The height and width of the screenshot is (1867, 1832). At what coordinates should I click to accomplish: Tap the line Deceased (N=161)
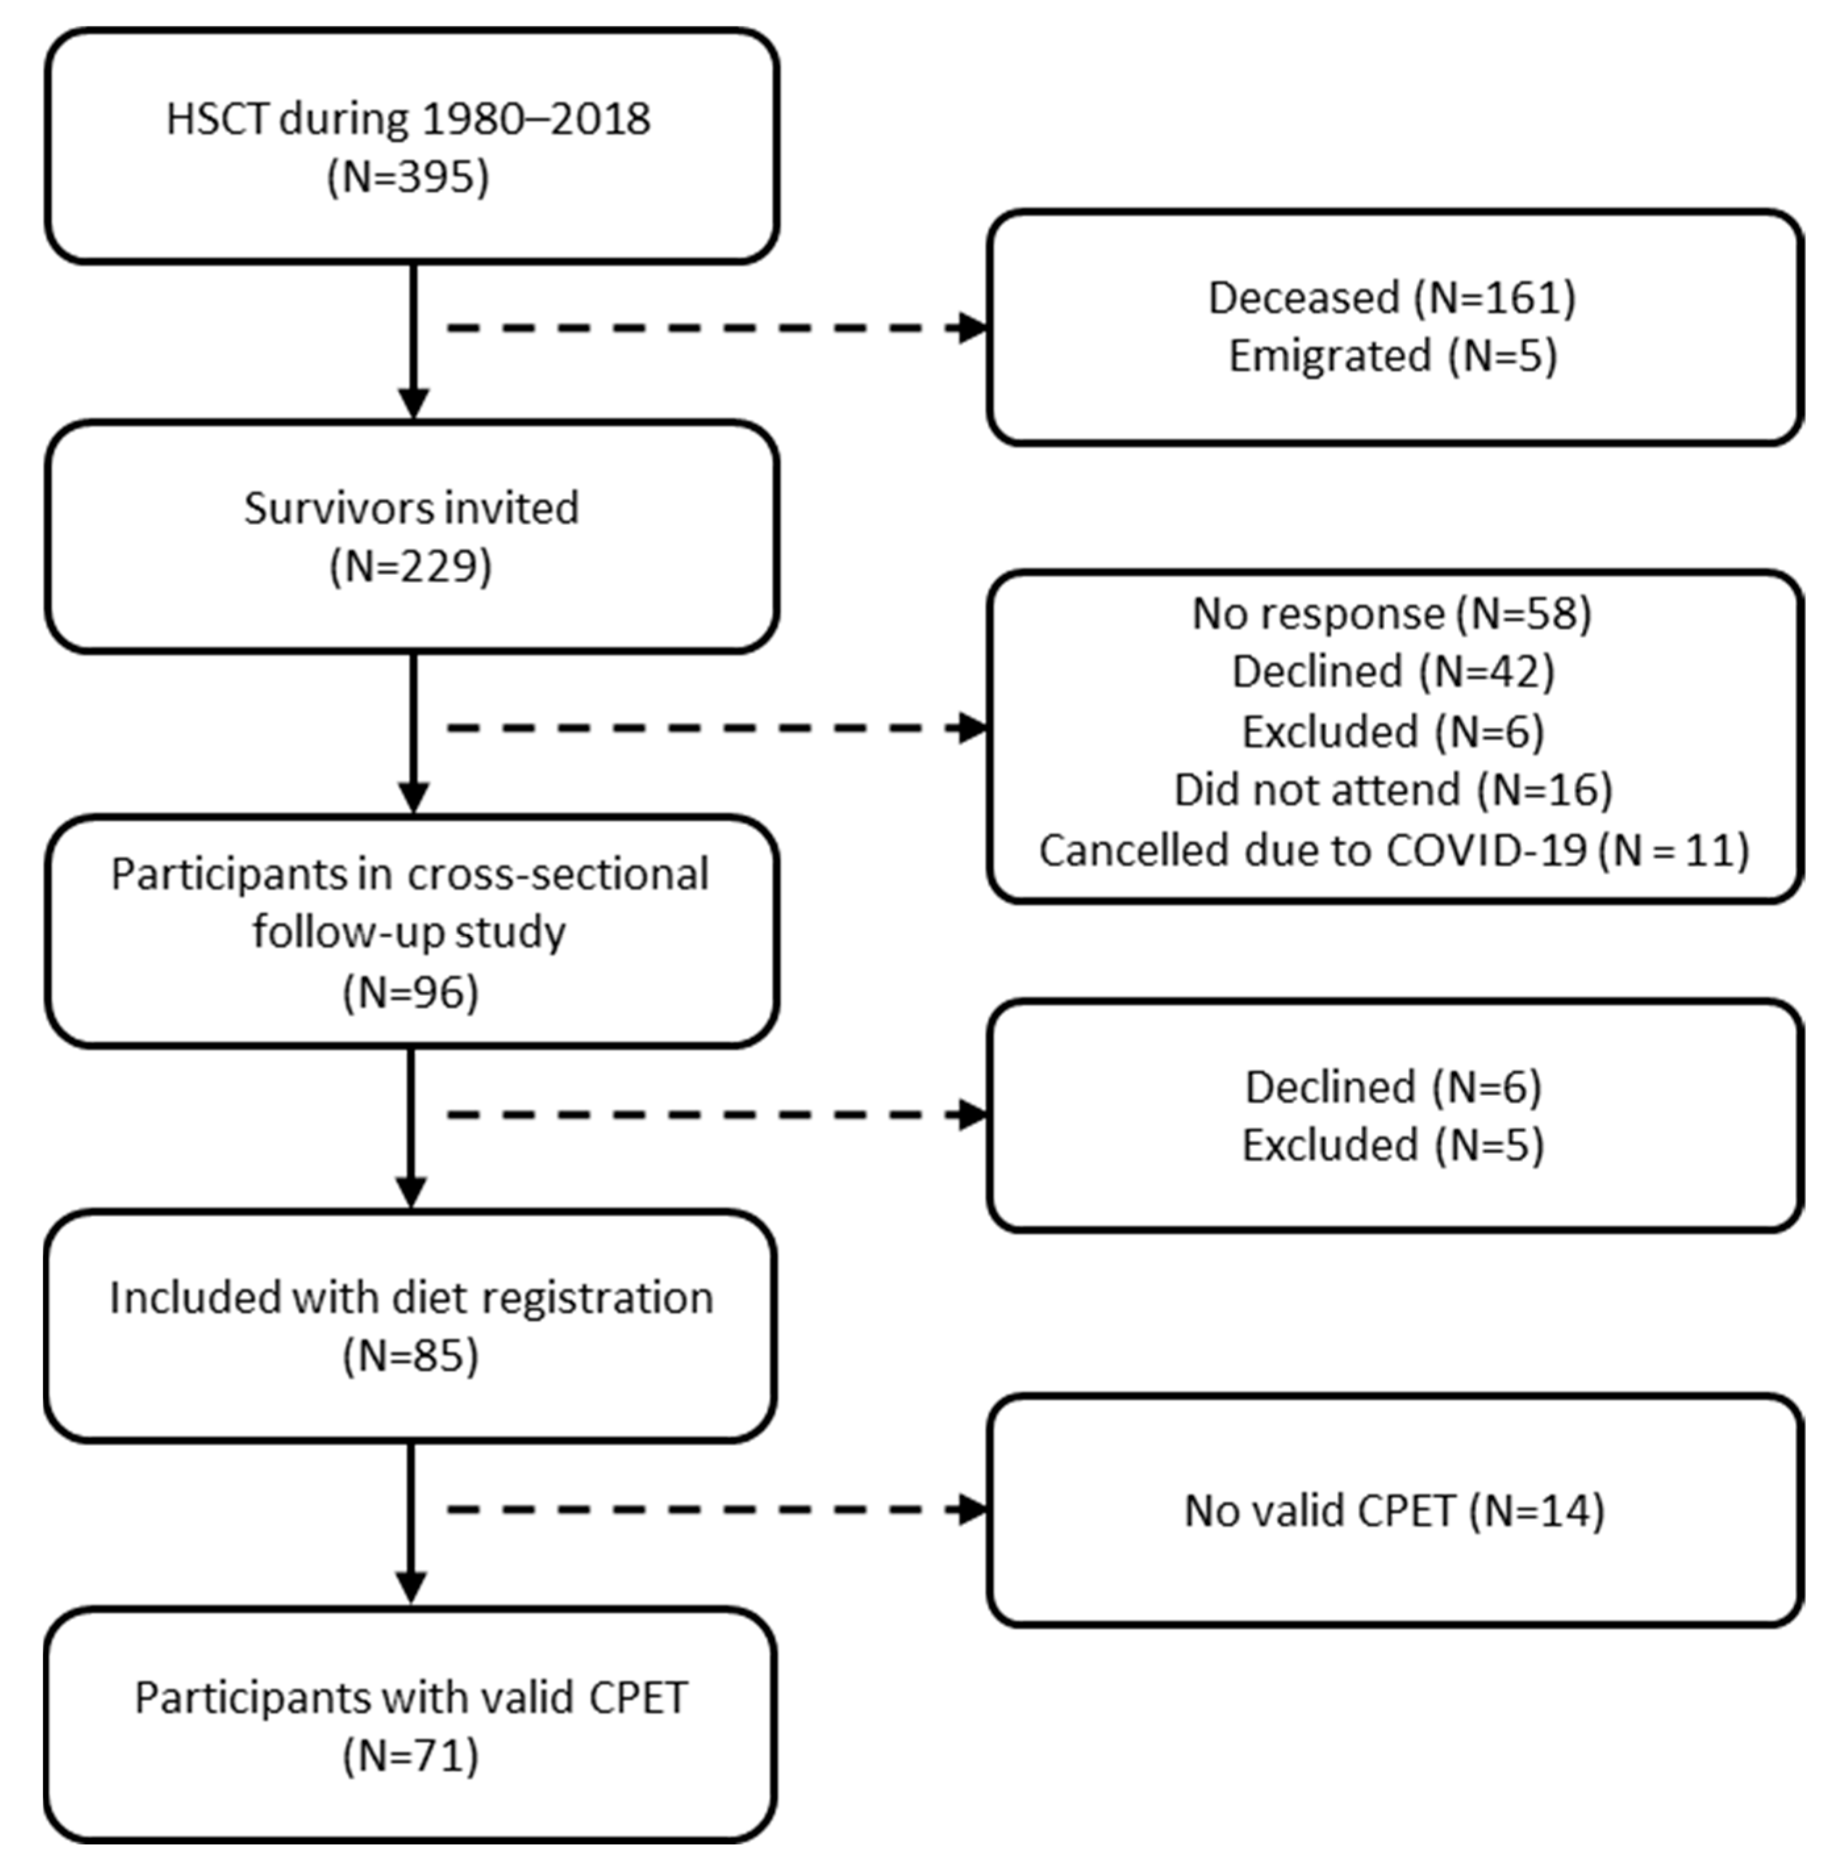coord(1392,297)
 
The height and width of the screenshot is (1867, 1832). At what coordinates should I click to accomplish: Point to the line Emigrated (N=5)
coord(1392,356)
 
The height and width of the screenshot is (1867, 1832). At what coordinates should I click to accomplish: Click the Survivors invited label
coord(411,508)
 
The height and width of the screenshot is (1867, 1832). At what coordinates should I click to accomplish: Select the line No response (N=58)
coord(1392,613)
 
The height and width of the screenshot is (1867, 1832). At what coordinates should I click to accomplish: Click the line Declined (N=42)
coord(1392,672)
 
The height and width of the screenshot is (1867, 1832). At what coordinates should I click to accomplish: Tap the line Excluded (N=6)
coord(1392,732)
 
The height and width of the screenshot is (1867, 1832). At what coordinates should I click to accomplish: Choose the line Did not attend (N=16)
coord(1392,790)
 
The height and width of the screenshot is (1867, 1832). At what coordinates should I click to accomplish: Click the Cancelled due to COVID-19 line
coord(1392,850)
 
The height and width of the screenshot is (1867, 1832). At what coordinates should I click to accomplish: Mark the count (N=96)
coord(411,992)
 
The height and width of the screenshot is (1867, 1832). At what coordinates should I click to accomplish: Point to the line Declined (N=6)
coord(1392,1087)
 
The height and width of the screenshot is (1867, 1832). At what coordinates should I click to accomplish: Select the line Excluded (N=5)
coord(1392,1145)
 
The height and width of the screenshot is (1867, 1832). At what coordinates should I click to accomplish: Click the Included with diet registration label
coord(411,1297)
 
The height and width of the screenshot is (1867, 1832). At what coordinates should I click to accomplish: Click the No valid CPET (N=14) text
coord(1392,1511)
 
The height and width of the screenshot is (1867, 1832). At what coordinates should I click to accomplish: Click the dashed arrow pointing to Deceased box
coord(717,328)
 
